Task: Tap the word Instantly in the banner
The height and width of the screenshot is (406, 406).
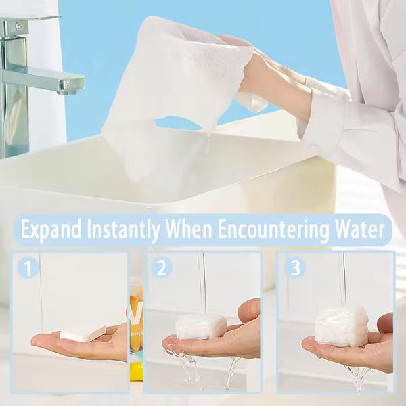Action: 123,229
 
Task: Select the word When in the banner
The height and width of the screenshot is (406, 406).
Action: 189,229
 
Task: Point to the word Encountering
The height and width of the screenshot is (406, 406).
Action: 273,229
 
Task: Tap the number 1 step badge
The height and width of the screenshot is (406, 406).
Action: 28,268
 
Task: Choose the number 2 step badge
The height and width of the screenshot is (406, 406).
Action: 161,268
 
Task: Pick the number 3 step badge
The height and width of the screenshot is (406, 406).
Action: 295,268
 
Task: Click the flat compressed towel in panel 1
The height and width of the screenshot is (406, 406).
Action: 83,334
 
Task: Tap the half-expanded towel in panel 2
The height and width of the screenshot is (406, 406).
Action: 201,327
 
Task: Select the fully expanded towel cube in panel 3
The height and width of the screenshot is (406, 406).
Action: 341,326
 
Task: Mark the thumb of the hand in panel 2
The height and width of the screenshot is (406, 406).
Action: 249,310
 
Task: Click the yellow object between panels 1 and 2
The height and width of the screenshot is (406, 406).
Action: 136,372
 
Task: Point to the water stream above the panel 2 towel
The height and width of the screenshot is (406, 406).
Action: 203,284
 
